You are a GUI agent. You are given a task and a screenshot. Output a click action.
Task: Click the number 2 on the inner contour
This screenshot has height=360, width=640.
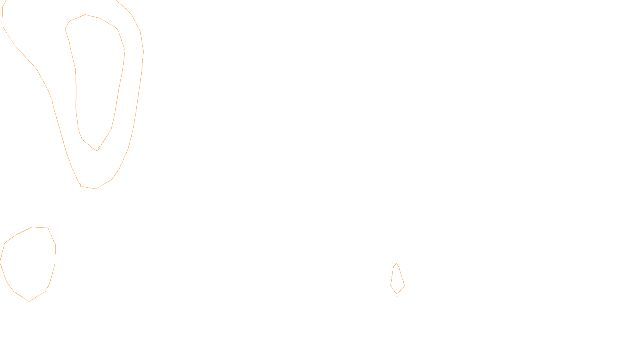pyautogui.click(x=99, y=148)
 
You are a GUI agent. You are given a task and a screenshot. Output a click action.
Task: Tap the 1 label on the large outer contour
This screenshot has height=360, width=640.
pyautogui.click(x=80, y=186)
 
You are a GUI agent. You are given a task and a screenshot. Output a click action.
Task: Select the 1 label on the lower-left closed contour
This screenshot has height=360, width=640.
pyautogui.click(x=46, y=290)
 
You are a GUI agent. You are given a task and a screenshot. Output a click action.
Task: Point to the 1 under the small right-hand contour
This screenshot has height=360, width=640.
pyautogui.click(x=397, y=295)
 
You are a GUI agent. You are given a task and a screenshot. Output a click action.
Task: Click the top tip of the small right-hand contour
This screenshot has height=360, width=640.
pyautogui.click(x=396, y=263)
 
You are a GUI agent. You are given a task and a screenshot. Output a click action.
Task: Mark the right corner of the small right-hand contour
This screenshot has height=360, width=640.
pyautogui.click(x=404, y=286)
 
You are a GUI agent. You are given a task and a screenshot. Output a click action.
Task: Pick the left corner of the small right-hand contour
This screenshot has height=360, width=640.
pyautogui.click(x=391, y=286)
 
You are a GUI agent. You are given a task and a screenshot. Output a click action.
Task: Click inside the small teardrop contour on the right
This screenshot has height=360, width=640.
pyautogui.click(x=397, y=280)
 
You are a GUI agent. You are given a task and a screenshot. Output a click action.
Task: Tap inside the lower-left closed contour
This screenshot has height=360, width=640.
pyautogui.click(x=28, y=264)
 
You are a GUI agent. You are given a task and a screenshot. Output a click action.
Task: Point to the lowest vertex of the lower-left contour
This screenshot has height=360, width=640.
pyautogui.click(x=30, y=301)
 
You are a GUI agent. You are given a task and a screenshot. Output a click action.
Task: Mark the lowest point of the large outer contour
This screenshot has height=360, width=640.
pyautogui.click(x=96, y=188)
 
